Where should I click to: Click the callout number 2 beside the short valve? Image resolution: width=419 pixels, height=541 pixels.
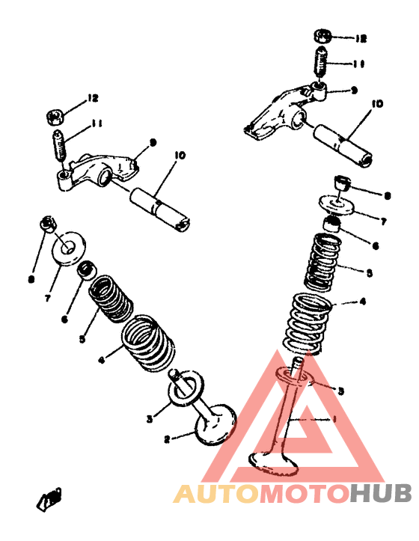(168, 439)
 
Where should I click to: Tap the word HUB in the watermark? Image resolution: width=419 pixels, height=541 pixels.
(382, 494)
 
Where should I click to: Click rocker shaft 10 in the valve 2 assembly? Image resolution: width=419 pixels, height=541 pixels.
(160, 206)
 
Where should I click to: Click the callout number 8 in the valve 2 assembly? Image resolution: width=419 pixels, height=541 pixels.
(31, 279)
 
